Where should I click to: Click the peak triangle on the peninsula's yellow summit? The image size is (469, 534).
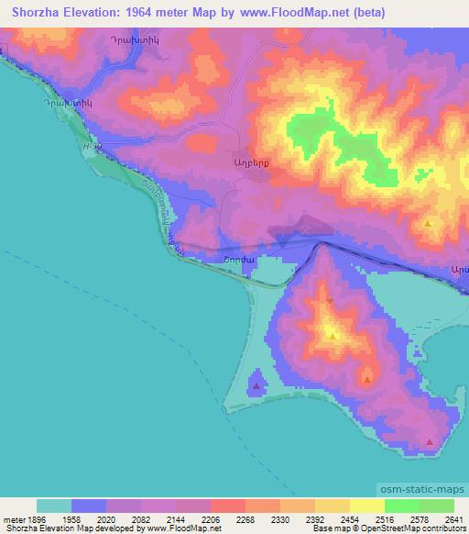(333, 335)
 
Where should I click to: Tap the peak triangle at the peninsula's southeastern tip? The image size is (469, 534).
(430, 442)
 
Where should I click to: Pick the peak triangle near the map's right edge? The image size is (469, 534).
(428, 223)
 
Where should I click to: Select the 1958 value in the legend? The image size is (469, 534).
(72, 518)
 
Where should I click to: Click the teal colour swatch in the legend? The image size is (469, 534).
(54, 506)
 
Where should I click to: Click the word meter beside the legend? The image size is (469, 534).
(14, 518)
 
